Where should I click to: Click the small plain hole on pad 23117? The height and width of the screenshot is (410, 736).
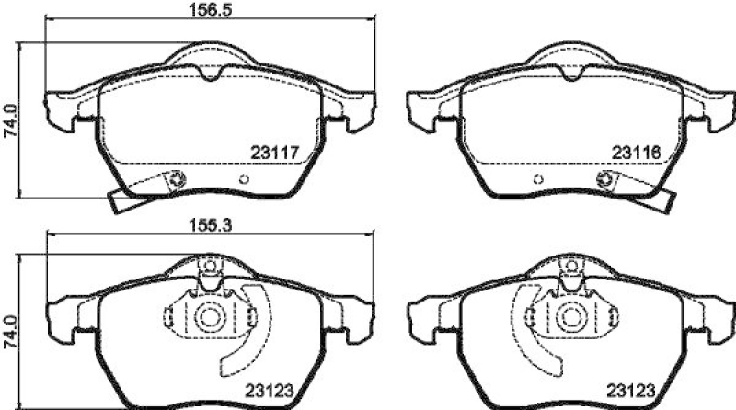click(x=244, y=178)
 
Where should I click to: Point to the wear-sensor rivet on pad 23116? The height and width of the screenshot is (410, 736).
click(x=605, y=178)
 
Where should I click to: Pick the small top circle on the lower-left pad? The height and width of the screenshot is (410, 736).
click(x=209, y=268)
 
